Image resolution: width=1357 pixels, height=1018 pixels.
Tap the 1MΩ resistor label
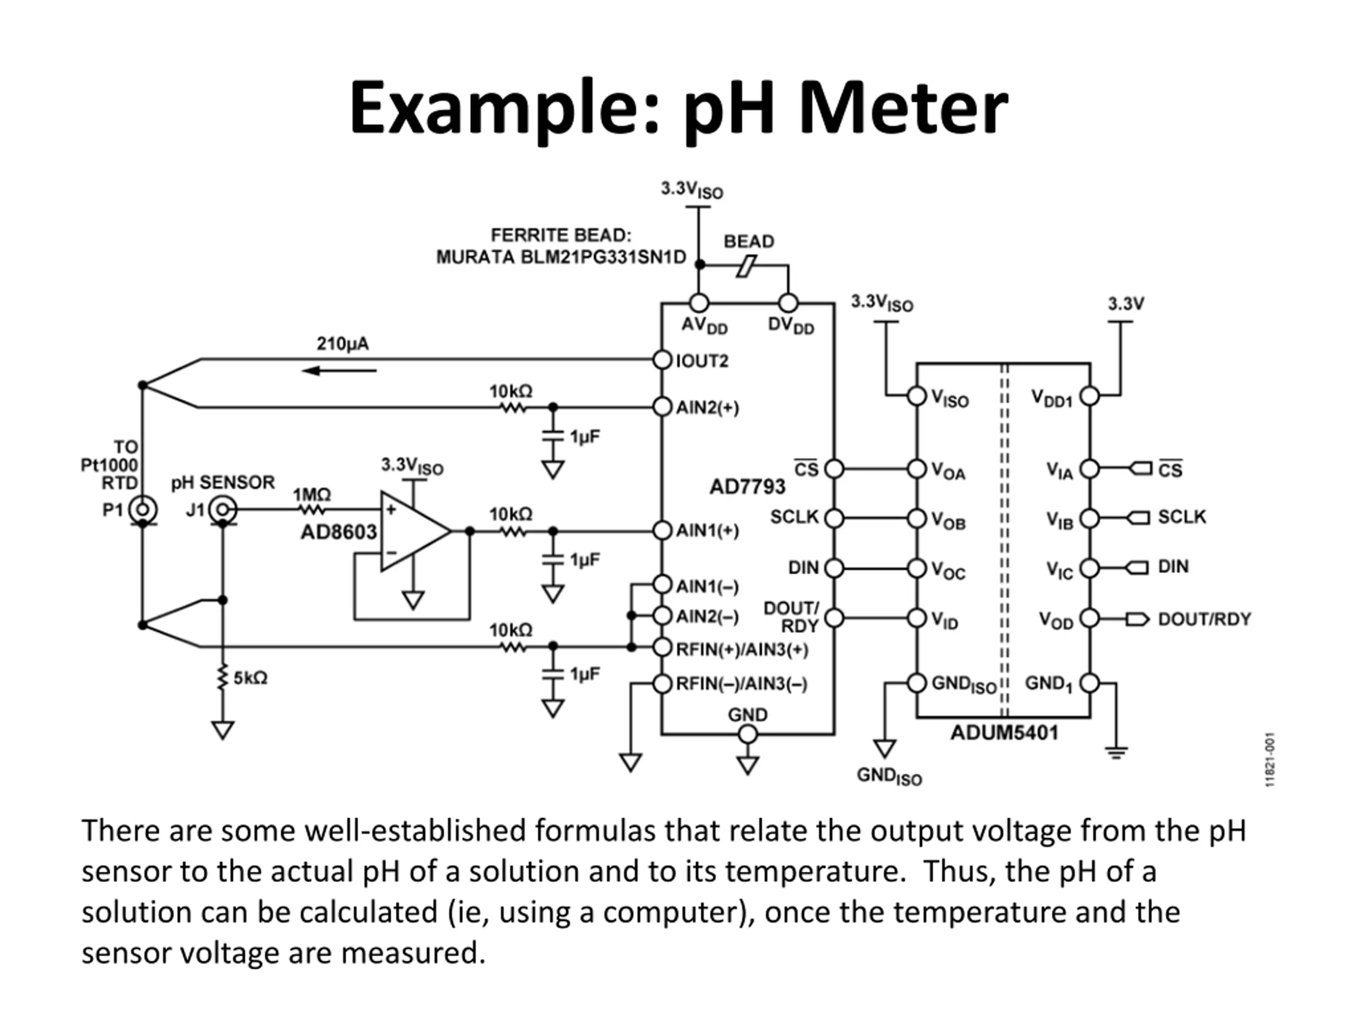pyautogui.click(x=312, y=495)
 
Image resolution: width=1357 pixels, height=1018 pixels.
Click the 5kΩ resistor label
pyautogui.click(x=250, y=678)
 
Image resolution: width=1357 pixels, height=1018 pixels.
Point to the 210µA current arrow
pyautogui.click(x=339, y=371)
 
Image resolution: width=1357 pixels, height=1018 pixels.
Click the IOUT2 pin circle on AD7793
pyautogui.click(x=663, y=359)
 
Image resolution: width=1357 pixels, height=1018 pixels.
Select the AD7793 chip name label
pyautogui.click(x=747, y=487)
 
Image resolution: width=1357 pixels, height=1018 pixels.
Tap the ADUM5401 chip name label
pyautogui.click(x=1004, y=733)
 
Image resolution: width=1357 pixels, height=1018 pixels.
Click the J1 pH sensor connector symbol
pyautogui.click(x=222, y=510)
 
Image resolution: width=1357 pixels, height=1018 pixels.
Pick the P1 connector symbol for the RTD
pyautogui.click(x=143, y=510)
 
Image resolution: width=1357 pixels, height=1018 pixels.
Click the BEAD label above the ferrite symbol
pyautogui.click(x=748, y=241)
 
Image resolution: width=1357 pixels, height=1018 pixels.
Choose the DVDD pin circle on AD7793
pyautogui.click(x=788, y=303)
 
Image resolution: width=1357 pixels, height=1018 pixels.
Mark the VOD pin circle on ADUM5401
pyautogui.click(x=1089, y=618)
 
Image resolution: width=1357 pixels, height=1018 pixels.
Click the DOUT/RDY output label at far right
pyautogui.click(x=1204, y=619)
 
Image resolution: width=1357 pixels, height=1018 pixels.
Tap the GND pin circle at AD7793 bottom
pyautogui.click(x=748, y=734)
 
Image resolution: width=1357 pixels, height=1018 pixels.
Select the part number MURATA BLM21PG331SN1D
pyautogui.click(x=561, y=257)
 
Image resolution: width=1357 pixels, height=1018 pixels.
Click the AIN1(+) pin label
pyautogui.click(x=707, y=531)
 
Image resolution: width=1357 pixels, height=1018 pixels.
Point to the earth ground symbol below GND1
pyautogui.click(x=1116, y=752)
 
